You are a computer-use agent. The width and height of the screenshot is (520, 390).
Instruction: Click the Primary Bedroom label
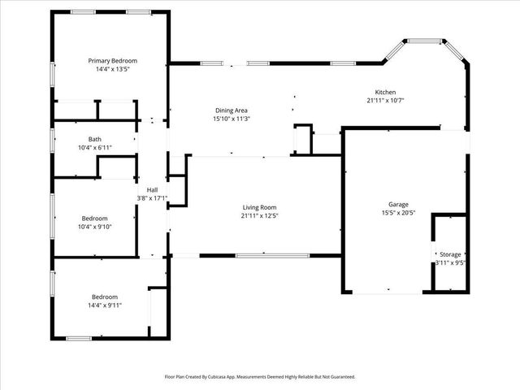[x=113, y=61]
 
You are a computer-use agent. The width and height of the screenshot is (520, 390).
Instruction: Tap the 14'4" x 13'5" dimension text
[x=113, y=69]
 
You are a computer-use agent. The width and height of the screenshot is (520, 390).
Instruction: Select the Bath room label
[x=95, y=139]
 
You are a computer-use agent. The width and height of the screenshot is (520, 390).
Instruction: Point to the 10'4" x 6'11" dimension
[x=95, y=147]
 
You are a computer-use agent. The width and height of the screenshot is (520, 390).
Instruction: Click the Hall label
[x=151, y=189]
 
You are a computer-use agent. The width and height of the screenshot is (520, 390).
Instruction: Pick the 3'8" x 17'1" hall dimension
[x=151, y=197]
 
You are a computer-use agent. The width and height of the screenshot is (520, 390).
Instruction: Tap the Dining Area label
[x=231, y=110]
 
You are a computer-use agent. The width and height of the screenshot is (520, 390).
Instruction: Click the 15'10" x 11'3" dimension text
[x=231, y=119]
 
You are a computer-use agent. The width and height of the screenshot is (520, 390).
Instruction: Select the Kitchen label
[x=385, y=92]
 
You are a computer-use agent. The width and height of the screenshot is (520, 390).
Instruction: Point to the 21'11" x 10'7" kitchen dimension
[x=385, y=101]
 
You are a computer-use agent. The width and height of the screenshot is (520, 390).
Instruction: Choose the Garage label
[x=398, y=204]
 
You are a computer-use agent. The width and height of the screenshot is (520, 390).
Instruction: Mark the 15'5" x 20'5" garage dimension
[x=398, y=213]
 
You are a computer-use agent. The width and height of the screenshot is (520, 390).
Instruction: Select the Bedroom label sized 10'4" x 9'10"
[x=95, y=218]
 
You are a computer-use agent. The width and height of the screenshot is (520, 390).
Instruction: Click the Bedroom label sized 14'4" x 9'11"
[x=105, y=297]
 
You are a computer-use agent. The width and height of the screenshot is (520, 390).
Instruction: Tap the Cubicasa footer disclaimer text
[x=260, y=377]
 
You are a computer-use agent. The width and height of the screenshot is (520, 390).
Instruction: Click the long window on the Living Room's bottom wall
[x=272, y=256]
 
